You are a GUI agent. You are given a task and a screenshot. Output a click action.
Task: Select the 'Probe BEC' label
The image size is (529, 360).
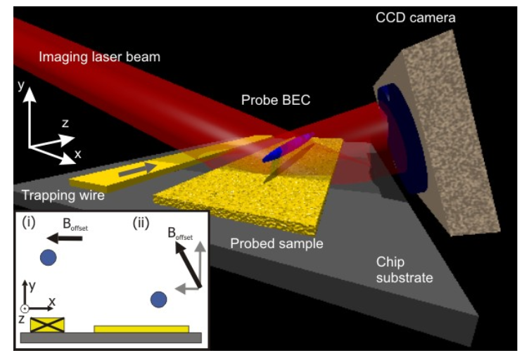click(276, 101)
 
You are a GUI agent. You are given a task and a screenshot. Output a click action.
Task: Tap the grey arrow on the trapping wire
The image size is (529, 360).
click(138, 169)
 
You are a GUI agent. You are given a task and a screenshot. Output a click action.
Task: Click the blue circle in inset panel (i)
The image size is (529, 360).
click(49, 257)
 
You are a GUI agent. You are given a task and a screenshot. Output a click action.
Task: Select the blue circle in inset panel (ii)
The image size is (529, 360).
click(159, 300)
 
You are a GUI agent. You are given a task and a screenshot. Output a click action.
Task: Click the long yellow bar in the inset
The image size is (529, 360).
click(141, 328)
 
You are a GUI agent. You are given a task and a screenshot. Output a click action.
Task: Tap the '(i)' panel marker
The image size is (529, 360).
click(29, 224)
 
